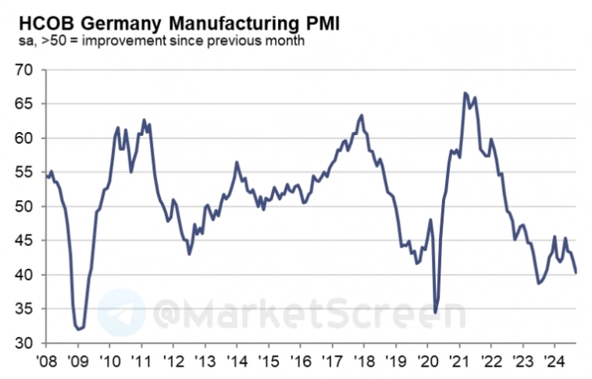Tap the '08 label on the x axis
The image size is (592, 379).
click(x=46, y=362)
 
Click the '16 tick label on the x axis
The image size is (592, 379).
click(x=301, y=362)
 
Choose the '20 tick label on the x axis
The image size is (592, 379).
click(x=427, y=362)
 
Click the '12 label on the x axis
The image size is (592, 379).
click(x=173, y=362)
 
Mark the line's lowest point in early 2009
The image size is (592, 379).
click(x=79, y=330)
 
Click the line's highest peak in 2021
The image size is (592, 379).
click(x=465, y=93)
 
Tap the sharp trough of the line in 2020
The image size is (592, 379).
click(x=435, y=313)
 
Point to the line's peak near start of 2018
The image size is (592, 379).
click(x=362, y=116)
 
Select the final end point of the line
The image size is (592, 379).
click(x=576, y=273)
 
